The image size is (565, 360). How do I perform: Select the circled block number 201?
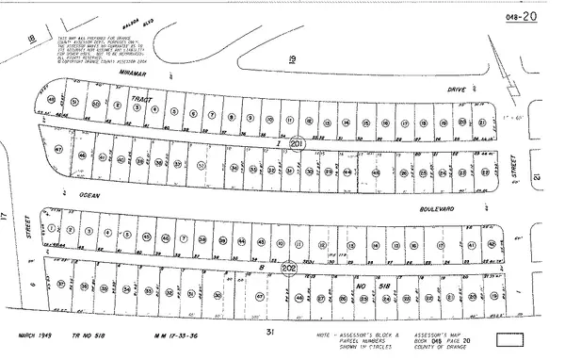click(296, 143)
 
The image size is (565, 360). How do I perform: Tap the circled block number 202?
click(288, 268)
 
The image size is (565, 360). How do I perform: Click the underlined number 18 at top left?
click(32, 38)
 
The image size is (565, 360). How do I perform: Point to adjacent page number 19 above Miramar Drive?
click(292, 58)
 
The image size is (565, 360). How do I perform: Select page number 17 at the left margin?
click(7, 217)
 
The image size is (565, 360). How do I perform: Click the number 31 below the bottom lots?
click(269, 333)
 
